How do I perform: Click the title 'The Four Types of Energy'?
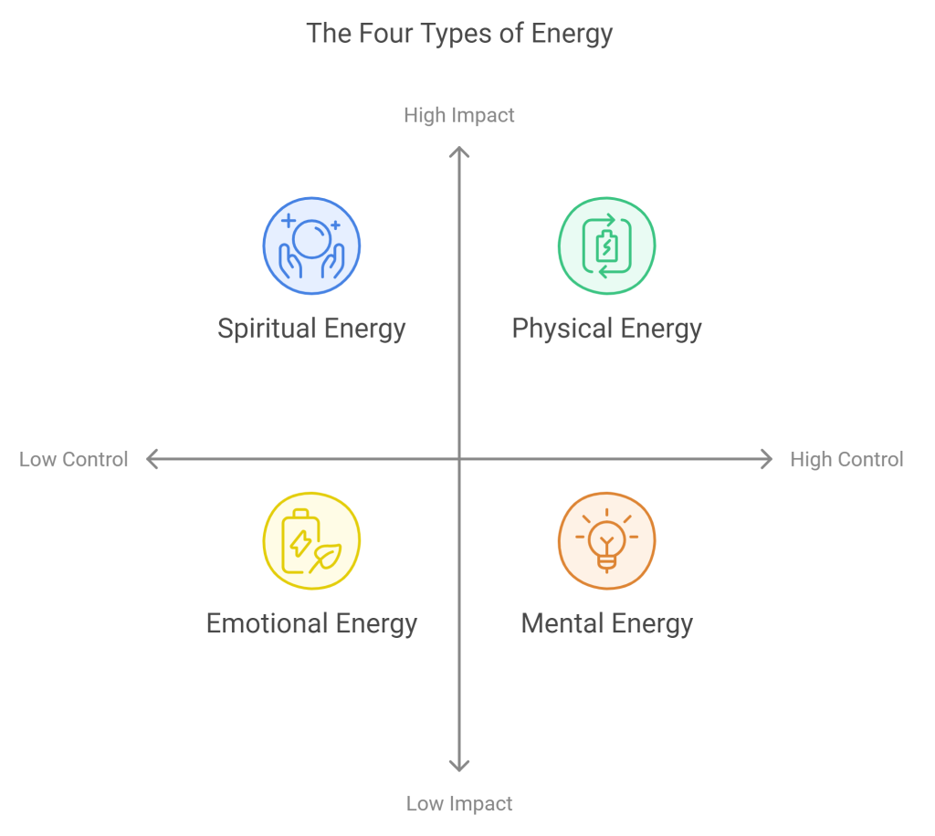click(459, 34)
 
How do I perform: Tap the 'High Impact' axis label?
click(459, 115)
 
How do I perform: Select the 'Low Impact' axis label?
click(459, 804)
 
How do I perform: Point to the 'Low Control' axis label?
click(73, 459)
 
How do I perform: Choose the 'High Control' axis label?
click(846, 459)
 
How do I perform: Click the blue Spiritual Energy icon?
click(311, 246)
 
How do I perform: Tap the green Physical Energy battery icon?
click(606, 246)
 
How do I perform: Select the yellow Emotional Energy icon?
click(311, 541)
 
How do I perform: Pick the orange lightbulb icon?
click(606, 541)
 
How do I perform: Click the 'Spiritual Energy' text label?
click(311, 329)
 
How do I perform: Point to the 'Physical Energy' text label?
click(606, 329)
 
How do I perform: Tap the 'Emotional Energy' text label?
click(311, 624)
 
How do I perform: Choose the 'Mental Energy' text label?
click(606, 624)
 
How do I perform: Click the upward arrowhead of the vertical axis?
click(459, 152)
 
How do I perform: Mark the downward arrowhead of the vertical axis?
click(459, 767)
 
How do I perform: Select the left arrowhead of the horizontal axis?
click(152, 459)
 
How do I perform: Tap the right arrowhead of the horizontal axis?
click(767, 459)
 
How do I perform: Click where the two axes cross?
click(459, 459)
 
